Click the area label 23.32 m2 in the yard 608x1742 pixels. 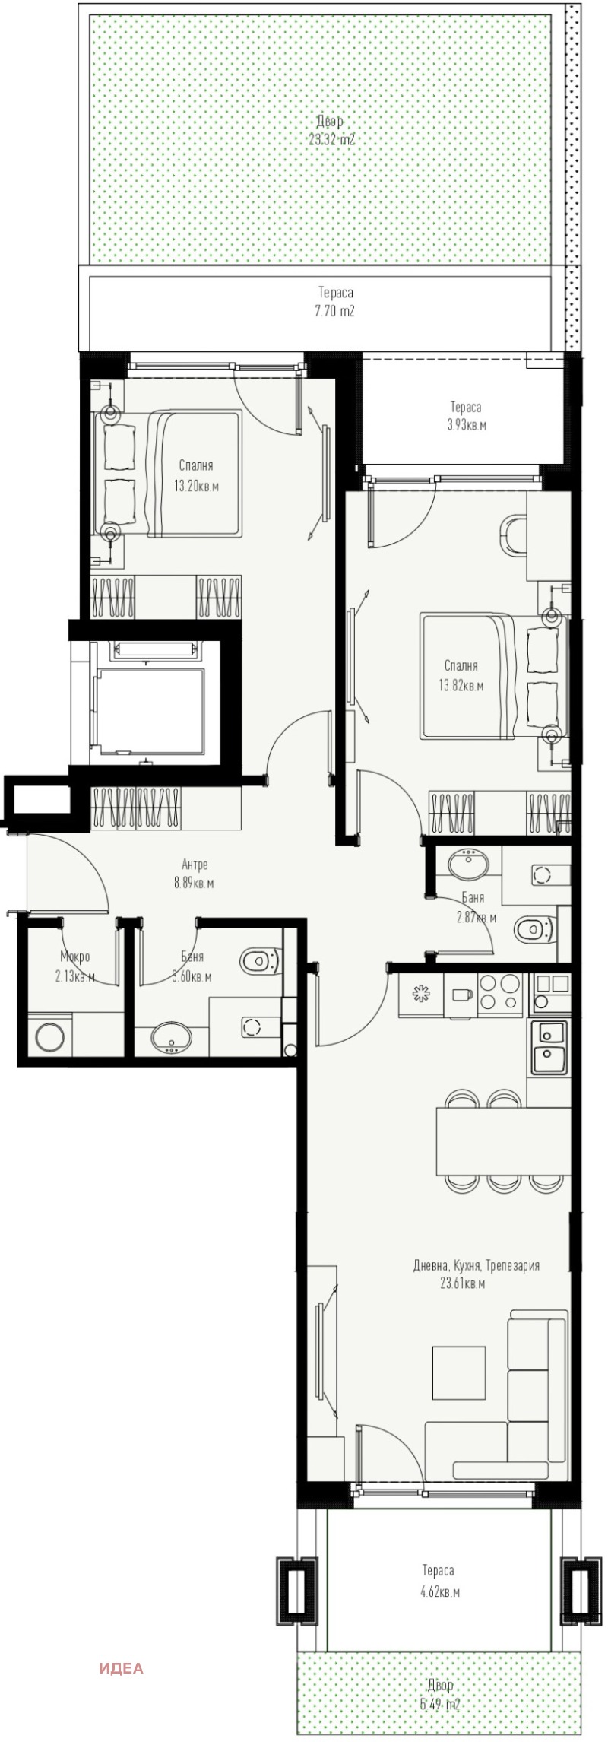[x=331, y=140]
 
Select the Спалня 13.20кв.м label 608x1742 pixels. [x=196, y=476]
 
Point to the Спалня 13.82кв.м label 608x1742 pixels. [x=461, y=675]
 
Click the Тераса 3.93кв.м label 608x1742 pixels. [x=466, y=416]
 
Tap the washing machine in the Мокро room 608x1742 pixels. [x=50, y=1036]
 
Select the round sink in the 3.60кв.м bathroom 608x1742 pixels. [x=173, y=1037]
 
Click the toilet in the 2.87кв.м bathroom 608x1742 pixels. [x=534, y=928]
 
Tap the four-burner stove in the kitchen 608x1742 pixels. [x=500, y=992]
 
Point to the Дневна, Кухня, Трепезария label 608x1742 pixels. [x=476, y=1287]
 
